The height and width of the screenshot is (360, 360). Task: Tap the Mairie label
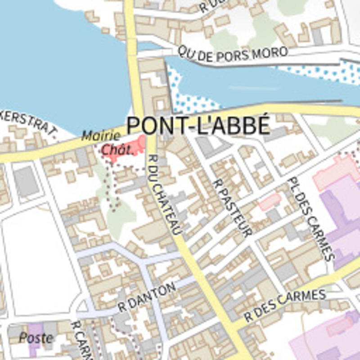[x=101, y=135]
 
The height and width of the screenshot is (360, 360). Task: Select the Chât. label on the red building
[x=117, y=149]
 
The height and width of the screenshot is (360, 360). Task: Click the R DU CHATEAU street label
[x=165, y=194]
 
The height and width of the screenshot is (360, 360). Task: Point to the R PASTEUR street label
[x=232, y=207]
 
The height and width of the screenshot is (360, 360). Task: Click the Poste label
[x=36, y=337]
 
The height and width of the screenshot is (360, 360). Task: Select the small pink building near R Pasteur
[x=270, y=201]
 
